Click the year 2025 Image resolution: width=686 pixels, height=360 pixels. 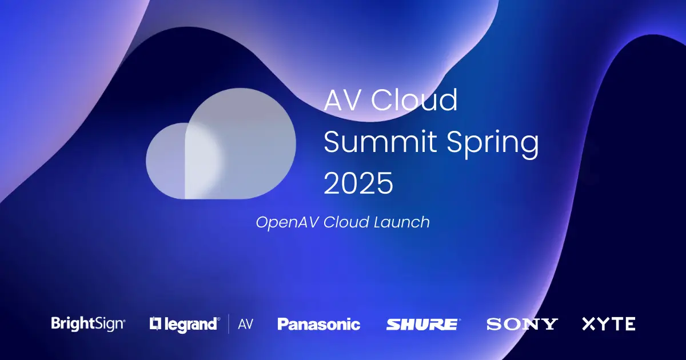click(x=358, y=184)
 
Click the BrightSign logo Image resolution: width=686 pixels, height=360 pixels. click(x=88, y=324)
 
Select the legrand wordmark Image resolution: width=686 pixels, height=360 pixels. click(x=192, y=324)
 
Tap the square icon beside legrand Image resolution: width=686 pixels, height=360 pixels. click(x=155, y=324)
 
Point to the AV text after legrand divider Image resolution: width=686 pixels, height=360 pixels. click(x=245, y=324)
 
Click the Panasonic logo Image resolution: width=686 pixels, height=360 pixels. click(x=318, y=324)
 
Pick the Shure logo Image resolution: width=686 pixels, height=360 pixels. click(x=422, y=324)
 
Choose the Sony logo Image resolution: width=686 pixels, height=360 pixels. click(x=521, y=324)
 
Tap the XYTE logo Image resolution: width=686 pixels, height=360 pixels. click(x=608, y=324)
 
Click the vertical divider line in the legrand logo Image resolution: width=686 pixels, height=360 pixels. click(x=229, y=324)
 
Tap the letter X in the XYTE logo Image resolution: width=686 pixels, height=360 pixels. click(x=589, y=324)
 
